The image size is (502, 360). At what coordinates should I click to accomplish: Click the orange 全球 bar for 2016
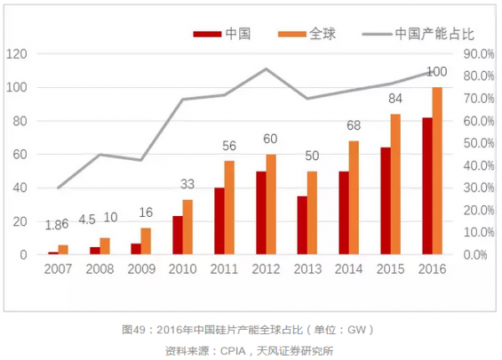point(437,171)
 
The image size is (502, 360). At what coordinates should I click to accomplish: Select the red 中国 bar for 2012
point(261,213)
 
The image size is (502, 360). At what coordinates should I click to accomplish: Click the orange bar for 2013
point(312,213)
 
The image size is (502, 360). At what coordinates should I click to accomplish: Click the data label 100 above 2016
point(437,72)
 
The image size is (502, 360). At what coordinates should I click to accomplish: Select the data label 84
point(395,99)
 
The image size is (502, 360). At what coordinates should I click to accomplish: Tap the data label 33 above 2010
point(188,184)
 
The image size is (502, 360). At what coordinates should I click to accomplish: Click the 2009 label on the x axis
point(141,269)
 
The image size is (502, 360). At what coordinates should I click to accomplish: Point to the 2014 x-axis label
point(348,269)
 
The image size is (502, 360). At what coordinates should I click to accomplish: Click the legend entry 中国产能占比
point(423,34)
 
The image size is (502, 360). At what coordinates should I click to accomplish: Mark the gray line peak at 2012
point(266,69)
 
